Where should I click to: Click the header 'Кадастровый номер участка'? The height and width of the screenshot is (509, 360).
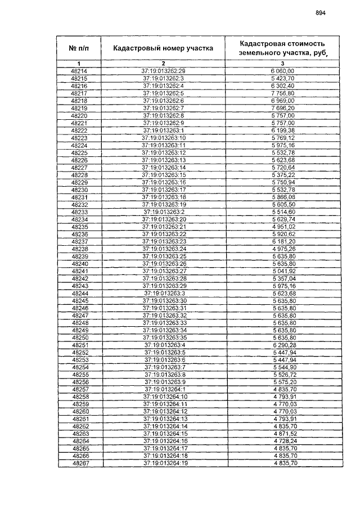163,48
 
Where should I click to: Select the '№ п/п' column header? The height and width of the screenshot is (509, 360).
79,48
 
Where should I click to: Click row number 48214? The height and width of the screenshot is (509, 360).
79,71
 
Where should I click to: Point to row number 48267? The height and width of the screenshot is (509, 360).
79,463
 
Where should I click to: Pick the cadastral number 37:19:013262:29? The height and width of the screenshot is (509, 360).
164,71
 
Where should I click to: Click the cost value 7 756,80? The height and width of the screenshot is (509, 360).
282,93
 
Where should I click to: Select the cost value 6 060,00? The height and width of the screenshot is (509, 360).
282,71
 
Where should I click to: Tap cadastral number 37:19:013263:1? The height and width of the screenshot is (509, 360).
164,130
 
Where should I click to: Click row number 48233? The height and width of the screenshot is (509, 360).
79,211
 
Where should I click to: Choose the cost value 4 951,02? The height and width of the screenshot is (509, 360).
283,226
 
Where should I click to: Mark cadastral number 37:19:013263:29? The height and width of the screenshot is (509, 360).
164,286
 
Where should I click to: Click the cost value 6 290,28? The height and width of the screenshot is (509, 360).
283,345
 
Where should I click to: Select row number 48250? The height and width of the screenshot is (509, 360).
80,337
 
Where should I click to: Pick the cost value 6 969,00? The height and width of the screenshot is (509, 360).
282,100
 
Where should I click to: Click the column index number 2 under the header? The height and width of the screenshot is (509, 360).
163,63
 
